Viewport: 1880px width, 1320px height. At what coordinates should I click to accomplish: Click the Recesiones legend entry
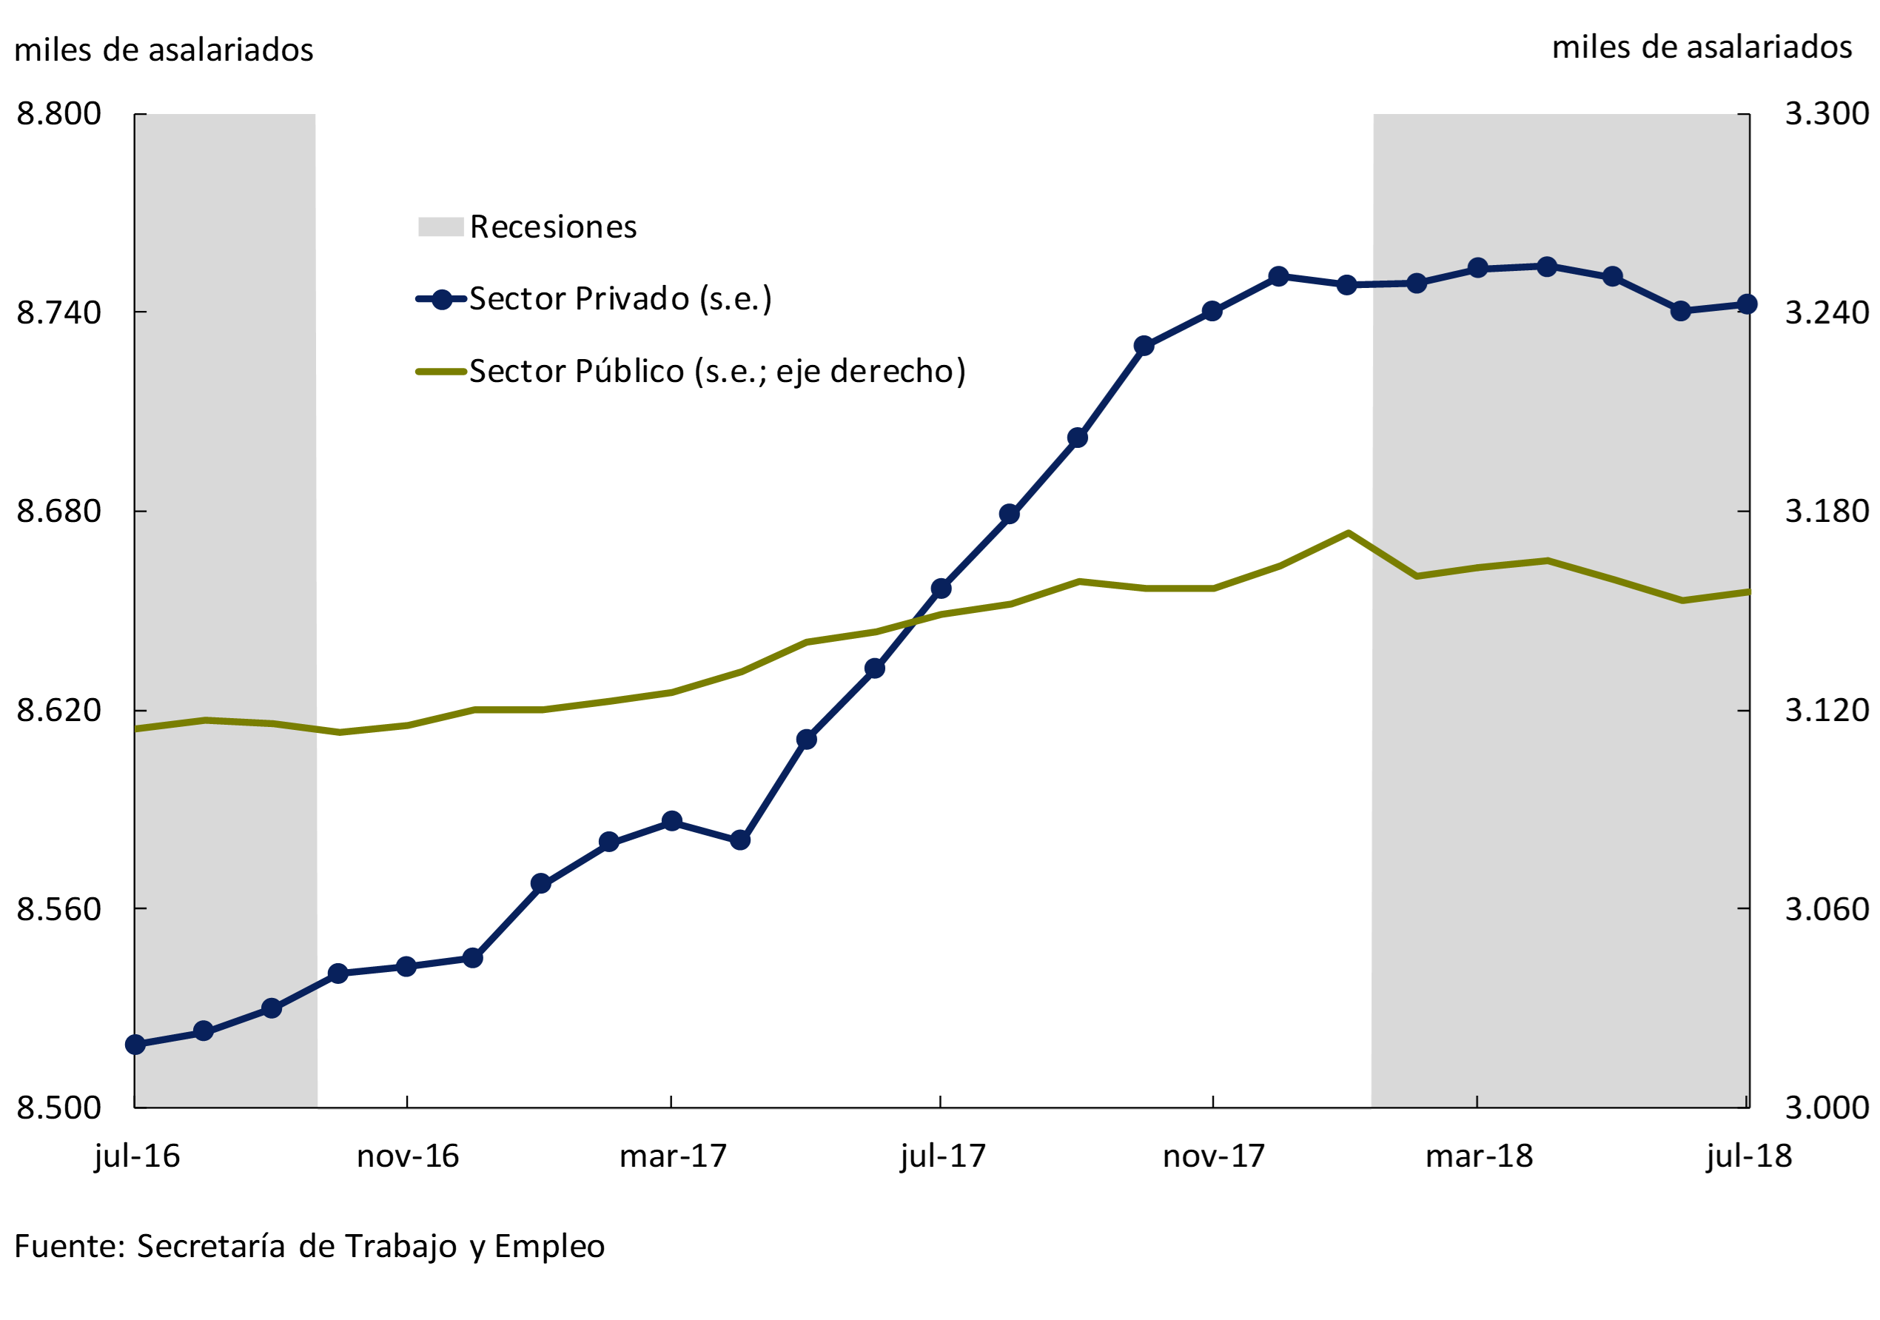click(553, 227)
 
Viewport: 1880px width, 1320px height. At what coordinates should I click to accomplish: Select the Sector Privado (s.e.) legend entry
click(620, 299)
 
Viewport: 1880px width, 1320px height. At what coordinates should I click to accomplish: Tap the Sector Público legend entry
click(716, 372)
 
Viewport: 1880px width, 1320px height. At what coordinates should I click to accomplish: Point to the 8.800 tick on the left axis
click(59, 114)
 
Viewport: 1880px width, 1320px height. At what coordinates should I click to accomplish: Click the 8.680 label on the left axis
click(59, 511)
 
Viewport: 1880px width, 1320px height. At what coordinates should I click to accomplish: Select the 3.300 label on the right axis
click(1827, 114)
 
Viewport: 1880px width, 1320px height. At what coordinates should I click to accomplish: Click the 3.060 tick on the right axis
click(1827, 909)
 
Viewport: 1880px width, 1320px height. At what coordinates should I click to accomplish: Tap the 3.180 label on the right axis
click(1827, 511)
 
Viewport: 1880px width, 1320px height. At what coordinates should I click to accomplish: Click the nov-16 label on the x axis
click(408, 1156)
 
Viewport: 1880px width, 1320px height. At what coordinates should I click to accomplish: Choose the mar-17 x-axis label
click(673, 1156)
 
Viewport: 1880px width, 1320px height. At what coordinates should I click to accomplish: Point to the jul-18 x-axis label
click(1749, 1156)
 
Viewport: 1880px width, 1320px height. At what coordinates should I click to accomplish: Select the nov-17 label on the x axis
click(1213, 1156)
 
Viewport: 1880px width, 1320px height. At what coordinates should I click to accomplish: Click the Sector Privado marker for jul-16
click(136, 1045)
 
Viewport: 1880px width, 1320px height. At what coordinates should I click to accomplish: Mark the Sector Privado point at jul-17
click(941, 589)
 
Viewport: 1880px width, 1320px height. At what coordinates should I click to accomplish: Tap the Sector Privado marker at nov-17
click(1212, 311)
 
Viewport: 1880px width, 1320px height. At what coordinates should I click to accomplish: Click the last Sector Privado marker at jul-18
click(1747, 304)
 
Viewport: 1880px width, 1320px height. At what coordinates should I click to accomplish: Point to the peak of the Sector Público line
click(1348, 533)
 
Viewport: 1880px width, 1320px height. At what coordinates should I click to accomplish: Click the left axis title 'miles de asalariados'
click(164, 50)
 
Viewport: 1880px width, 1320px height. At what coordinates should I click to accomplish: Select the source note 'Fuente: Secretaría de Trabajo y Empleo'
click(309, 1246)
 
